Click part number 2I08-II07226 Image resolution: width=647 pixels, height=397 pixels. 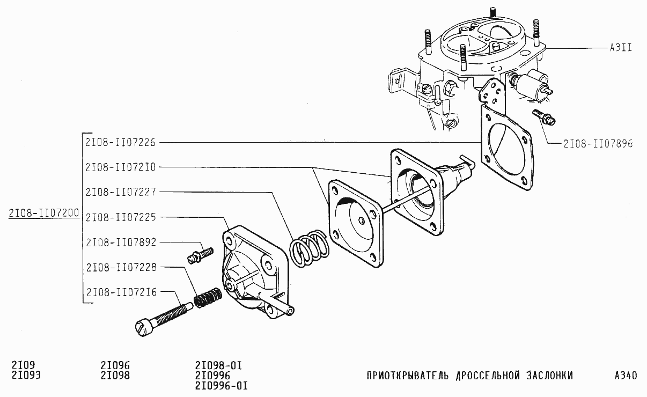[x=120, y=142]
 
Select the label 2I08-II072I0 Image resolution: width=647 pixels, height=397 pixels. [x=120, y=167]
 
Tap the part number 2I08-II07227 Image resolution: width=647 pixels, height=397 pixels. [x=120, y=192]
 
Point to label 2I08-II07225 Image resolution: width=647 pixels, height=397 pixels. [x=120, y=217]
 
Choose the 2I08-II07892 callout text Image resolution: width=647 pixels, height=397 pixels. [x=120, y=242]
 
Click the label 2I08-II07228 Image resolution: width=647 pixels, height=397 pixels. [x=120, y=267]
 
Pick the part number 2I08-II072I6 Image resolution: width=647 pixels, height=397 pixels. [x=120, y=292]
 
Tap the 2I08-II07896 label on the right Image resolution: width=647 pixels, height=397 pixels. [x=598, y=144]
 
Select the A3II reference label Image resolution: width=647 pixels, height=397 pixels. [x=620, y=47]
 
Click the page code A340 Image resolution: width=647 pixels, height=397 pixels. [x=626, y=376]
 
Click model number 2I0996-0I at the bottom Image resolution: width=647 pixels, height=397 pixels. [x=221, y=386]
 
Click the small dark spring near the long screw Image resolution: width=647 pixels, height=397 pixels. [x=207, y=298]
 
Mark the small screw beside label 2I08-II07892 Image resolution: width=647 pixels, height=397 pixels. [x=200, y=253]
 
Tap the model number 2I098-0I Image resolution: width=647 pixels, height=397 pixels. [x=219, y=365]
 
